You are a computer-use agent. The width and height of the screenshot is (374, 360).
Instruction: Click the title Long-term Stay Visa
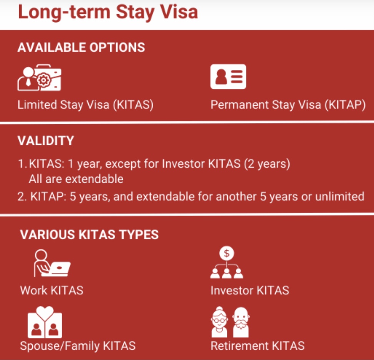click(108, 12)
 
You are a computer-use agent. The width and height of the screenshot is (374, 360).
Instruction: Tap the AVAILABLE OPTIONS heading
click(81, 47)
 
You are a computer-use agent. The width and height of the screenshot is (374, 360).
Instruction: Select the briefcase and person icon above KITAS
click(39, 78)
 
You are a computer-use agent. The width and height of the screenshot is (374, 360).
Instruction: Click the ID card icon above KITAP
click(228, 76)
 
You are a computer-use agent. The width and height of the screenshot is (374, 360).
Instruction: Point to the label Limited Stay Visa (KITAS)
click(85, 105)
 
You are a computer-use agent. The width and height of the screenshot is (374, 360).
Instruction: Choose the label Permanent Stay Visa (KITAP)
click(288, 105)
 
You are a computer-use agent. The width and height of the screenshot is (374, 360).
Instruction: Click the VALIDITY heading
click(46, 141)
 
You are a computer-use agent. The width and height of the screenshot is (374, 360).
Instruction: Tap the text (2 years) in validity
click(267, 164)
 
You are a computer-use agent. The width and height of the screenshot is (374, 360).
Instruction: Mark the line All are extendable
click(76, 179)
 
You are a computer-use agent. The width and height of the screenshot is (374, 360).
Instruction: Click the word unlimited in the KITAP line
click(340, 196)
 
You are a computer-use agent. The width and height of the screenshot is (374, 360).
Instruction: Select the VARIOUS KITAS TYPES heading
click(89, 234)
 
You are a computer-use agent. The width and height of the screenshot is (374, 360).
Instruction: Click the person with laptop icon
click(52, 263)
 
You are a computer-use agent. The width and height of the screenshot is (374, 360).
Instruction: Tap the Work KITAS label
click(52, 290)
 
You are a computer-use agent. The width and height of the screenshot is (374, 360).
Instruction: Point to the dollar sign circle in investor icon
click(227, 253)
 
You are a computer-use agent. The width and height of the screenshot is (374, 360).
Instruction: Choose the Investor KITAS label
click(250, 290)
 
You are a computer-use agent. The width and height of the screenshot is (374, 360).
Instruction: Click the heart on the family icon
click(45, 312)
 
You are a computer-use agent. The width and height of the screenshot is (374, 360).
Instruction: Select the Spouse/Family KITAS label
click(78, 346)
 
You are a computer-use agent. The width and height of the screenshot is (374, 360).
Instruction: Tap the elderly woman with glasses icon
click(219, 322)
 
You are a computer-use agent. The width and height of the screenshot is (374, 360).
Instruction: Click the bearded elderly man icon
click(241, 322)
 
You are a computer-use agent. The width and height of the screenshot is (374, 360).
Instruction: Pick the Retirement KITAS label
click(258, 346)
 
